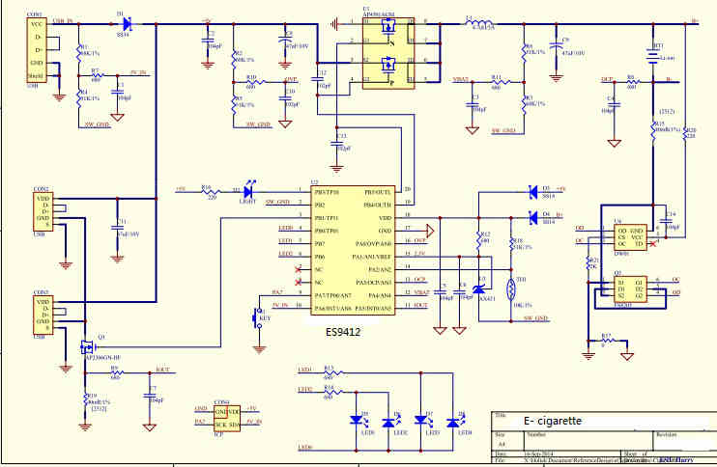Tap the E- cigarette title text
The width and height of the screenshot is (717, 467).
(x=553, y=422)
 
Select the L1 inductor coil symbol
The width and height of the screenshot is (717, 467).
(x=480, y=21)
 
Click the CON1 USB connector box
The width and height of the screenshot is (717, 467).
(x=36, y=47)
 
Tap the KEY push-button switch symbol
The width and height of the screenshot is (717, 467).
(x=259, y=316)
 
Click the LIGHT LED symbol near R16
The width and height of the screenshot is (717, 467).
(x=250, y=189)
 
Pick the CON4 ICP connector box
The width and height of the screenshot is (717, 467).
(x=228, y=417)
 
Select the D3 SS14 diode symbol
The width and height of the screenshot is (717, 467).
(x=533, y=190)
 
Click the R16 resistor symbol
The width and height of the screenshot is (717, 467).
(x=207, y=189)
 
